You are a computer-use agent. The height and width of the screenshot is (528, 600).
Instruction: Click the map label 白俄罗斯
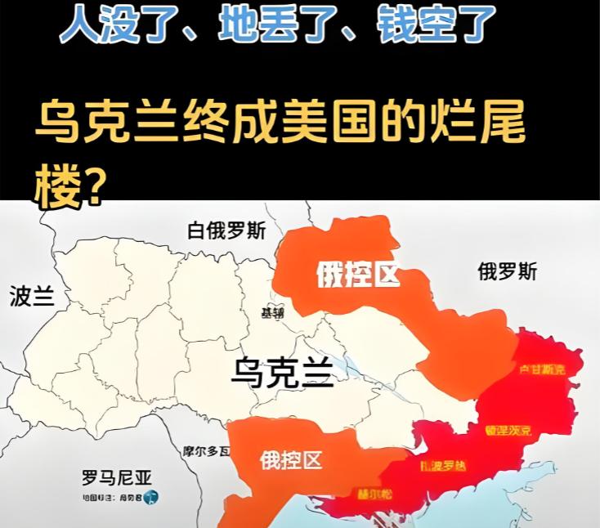pyautogui.click(x=226, y=230)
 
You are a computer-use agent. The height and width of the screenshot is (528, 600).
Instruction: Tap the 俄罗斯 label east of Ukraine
pyautogui.click(x=508, y=271)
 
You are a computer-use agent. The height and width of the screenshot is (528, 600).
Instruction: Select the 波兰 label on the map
pyautogui.click(x=32, y=296)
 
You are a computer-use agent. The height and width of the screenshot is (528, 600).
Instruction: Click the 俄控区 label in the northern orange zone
pyautogui.click(x=358, y=276)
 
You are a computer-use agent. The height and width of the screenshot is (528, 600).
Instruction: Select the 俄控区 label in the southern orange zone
pyautogui.click(x=290, y=460)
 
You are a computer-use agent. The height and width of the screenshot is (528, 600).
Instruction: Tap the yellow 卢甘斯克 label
pyautogui.click(x=541, y=370)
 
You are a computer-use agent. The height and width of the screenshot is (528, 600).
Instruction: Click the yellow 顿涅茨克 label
pyautogui.click(x=508, y=430)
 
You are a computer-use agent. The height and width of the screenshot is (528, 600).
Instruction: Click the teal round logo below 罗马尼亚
pyautogui.click(x=151, y=496)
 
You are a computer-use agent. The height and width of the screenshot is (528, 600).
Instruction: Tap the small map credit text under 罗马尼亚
pyautogui.click(x=111, y=497)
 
